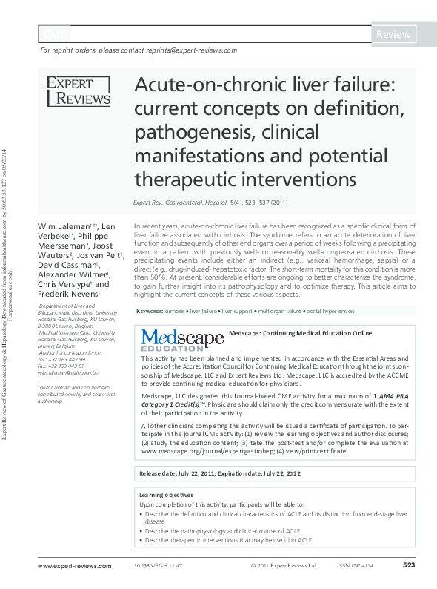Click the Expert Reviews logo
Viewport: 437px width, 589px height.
(x=79, y=91)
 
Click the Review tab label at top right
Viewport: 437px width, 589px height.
(x=393, y=34)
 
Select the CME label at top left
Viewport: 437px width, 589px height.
(x=53, y=35)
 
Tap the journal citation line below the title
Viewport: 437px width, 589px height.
(x=205, y=203)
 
